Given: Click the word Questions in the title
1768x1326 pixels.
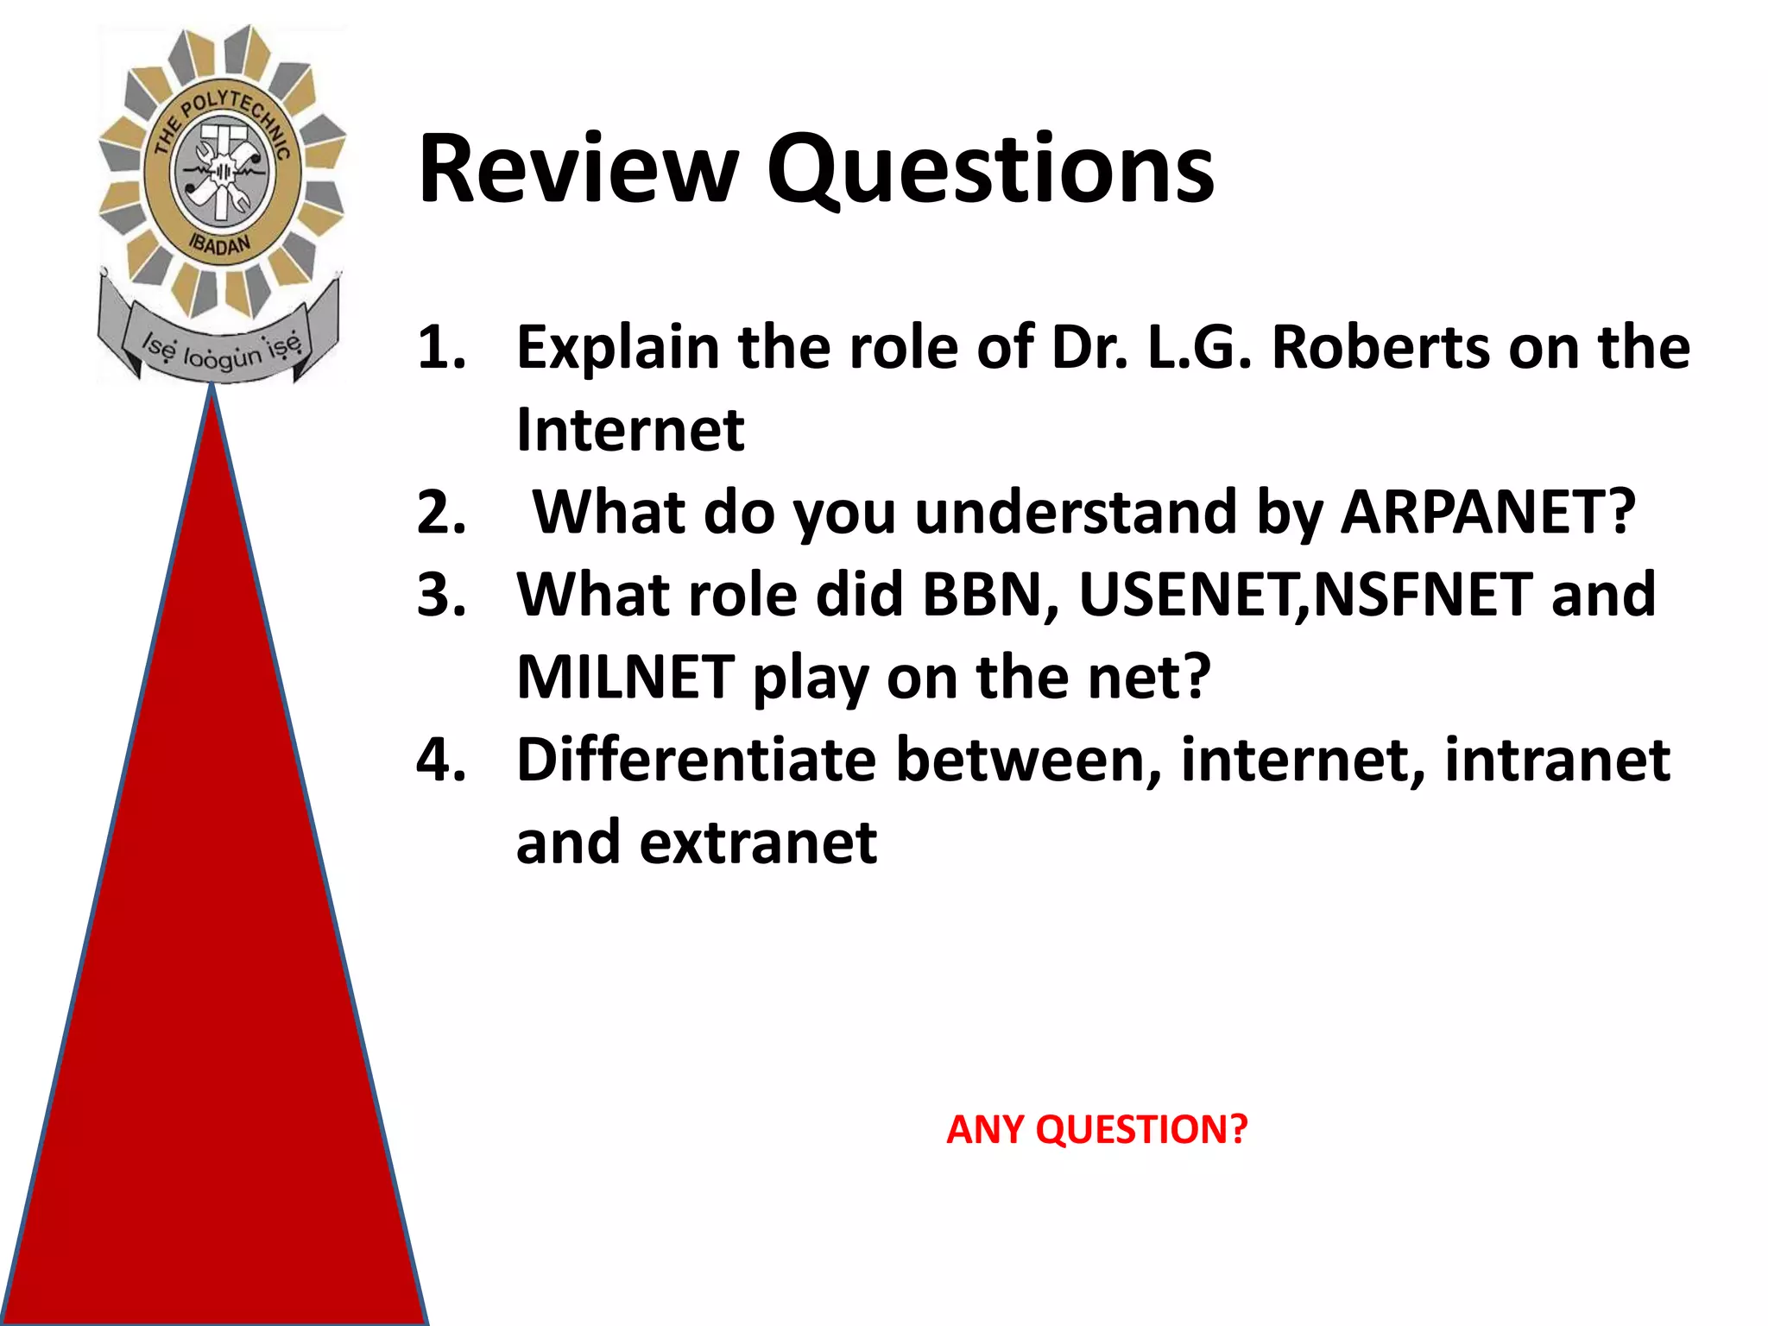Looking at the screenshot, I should (990, 171).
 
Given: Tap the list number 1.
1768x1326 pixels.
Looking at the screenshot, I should (441, 347).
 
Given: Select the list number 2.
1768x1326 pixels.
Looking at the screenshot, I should (441, 512).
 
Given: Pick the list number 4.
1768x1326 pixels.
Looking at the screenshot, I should (441, 760).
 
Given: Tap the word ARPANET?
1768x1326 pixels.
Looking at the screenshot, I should (1487, 512).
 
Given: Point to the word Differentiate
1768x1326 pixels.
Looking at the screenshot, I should (696, 760).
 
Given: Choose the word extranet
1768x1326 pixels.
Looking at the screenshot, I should (758, 843).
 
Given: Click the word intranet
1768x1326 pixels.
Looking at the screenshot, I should (1556, 760).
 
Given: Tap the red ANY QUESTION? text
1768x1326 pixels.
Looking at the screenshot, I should (1096, 1130).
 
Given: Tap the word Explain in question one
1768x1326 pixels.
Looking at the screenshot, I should (617, 349).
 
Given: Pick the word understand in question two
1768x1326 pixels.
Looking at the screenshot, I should (1076, 512).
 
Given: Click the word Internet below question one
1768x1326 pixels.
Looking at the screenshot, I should (629, 430).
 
